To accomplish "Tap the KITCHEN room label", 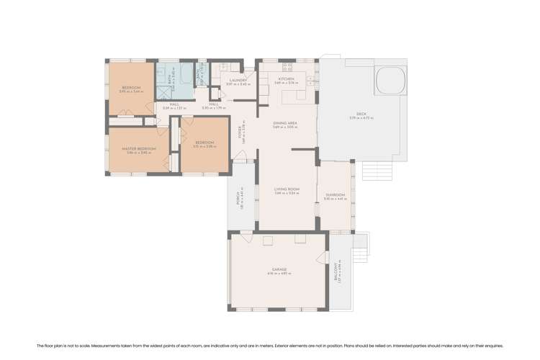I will pos(287,79).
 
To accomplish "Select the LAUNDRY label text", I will pos(238,81).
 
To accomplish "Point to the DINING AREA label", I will pos(286,123).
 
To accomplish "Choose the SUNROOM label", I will pos(335,195).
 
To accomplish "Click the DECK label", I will pos(361,114).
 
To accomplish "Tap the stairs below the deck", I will pos(377,171).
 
